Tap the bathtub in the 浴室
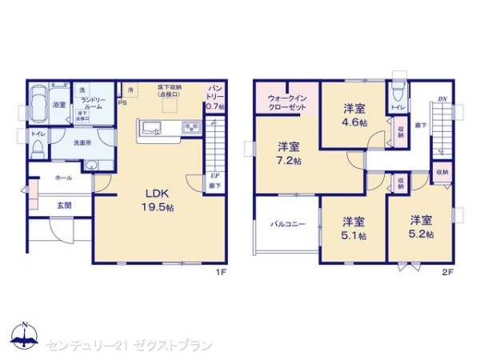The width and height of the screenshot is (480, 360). (x=39, y=105)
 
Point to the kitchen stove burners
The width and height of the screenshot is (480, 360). (x=191, y=128)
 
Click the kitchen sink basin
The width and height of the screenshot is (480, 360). (x=153, y=128)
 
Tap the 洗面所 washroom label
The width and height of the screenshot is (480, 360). (x=82, y=143)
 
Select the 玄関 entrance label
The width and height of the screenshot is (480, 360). (x=64, y=206)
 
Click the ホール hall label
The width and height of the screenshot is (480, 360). (x=64, y=178)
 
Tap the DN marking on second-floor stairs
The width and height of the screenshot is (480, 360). (x=442, y=99)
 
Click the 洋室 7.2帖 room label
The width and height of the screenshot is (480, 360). (x=289, y=154)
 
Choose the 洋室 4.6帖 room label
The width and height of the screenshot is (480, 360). (x=355, y=115)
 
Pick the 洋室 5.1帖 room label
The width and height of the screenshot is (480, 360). (x=355, y=227)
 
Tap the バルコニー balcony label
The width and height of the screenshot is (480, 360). (x=287, y=225)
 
